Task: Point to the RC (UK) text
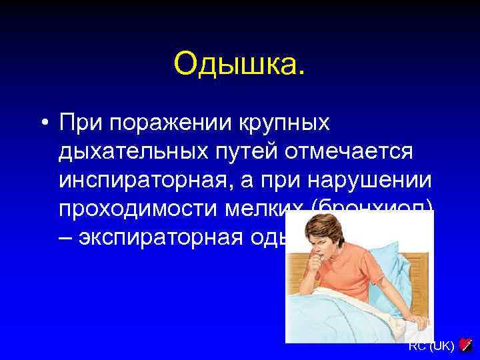coord(431,346)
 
